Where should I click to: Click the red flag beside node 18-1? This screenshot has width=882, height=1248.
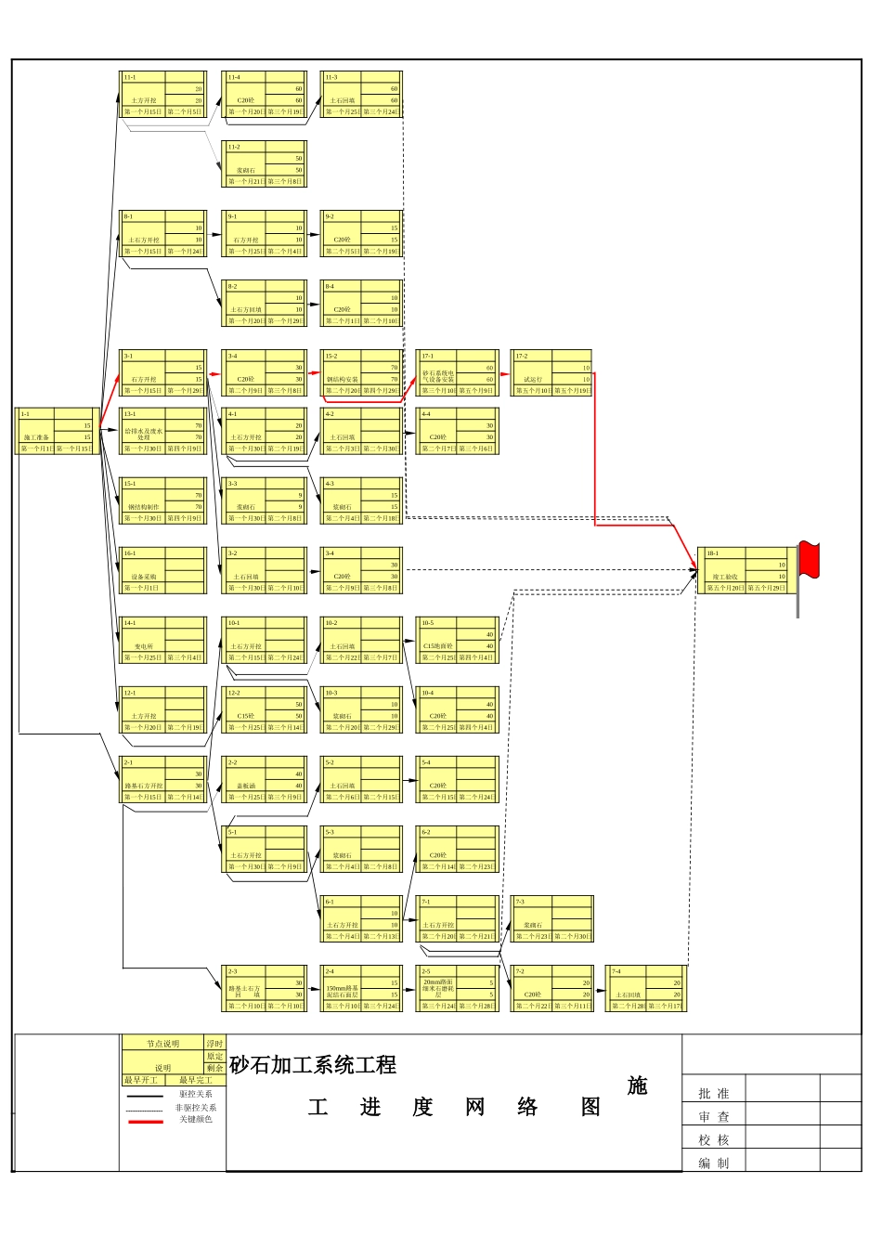click(809, 559)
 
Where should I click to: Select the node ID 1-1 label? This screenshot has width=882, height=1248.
click(25, 414)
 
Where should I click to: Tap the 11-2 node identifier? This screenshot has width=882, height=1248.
click(234, 147)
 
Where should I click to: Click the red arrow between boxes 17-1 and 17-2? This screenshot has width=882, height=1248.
click(505, 373)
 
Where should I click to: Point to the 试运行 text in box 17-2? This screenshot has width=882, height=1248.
click(532, 379)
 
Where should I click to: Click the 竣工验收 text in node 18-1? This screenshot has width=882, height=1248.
click(725, 577)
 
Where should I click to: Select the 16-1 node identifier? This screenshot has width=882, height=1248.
click(130, 553)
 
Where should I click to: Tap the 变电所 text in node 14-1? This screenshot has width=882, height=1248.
click(144, 646)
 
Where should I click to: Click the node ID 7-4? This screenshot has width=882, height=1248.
click(616, 971)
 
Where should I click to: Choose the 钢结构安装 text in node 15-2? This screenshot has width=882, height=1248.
click(342, 379)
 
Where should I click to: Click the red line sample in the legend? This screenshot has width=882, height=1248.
click(145, 1122)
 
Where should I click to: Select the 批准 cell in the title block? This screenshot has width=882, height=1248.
click(713, 1094)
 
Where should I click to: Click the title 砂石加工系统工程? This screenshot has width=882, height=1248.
click(313, 1065)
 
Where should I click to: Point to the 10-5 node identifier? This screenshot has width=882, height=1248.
click(427, 623)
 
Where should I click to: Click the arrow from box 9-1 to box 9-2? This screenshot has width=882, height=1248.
click(314, 234)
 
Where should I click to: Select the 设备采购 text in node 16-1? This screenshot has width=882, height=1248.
click(144, 577)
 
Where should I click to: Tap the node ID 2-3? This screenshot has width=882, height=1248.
click(232, 971)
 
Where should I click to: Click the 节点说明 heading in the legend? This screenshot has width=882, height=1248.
click(162, 1044)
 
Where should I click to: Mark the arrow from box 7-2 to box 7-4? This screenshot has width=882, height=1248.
click(599, 991)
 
